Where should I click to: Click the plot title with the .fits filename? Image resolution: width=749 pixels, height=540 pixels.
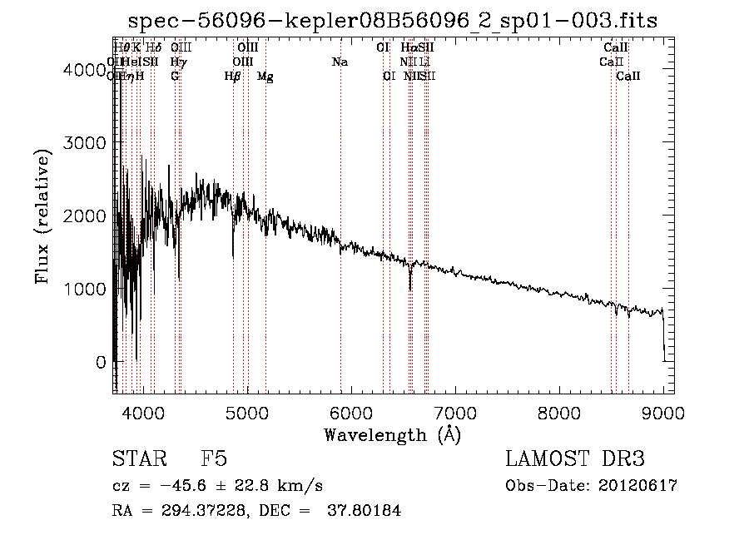click(393, 22)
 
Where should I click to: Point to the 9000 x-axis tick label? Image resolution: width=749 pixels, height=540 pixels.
click(663, 412)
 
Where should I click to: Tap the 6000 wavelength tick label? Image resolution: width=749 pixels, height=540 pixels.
click(351, 412)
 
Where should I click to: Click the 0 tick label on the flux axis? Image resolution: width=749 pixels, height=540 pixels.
click(101, 362)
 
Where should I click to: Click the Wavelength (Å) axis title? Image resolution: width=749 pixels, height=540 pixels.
click(392, 434)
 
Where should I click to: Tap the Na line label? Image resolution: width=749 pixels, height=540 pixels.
click(340, 62)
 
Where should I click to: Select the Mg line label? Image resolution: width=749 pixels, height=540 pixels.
click(265, 76)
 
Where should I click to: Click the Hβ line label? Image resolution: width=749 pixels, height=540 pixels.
click(232, 76)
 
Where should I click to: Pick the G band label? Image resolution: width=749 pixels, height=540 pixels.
click(175, 76)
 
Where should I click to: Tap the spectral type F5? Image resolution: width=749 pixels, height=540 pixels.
click(214, 459)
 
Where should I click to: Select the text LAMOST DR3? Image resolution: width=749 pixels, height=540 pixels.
click(574, 459)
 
